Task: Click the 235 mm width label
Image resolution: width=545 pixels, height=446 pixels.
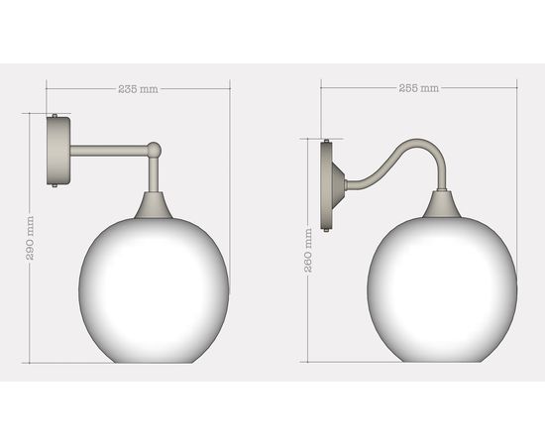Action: pyautogui.click(x=138, y=89)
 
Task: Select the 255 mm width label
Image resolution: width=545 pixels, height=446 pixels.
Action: pyautogui.click(x=418, y=88)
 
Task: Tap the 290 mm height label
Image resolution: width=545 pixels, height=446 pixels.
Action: pyautogui.click(x=30, y=238)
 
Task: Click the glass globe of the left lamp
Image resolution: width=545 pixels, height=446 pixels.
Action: pyautogui.click(x=154, y=287)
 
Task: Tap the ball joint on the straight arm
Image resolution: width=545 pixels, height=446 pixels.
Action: pyautogui.click(x=154, y=150)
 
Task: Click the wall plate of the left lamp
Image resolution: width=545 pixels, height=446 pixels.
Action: pyautogui.click(x=59, y=151)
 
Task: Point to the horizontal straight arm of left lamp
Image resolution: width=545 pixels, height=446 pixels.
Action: pyautogui.click(x=109, y=151)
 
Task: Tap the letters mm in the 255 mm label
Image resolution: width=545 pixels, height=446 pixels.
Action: pyautogui.click(x=429, y=88)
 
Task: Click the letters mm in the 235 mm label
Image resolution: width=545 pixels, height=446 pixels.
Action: pyautogui.click(x=149, y=89)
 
